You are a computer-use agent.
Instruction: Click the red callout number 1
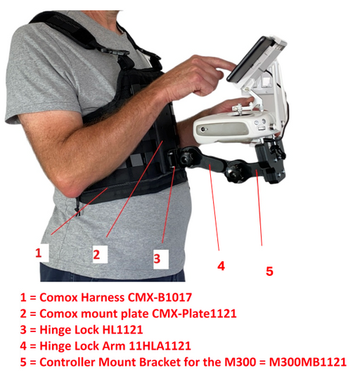39,253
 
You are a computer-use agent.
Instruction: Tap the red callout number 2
96,255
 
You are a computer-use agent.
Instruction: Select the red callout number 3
157,258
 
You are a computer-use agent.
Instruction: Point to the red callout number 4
221,266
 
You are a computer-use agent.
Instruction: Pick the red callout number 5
269,271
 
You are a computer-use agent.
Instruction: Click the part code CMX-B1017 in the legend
160,298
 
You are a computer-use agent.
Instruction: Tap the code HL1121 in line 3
122,330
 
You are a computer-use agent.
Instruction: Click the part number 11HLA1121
160,346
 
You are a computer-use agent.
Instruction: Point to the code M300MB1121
308,362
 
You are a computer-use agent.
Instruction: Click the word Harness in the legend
103,298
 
